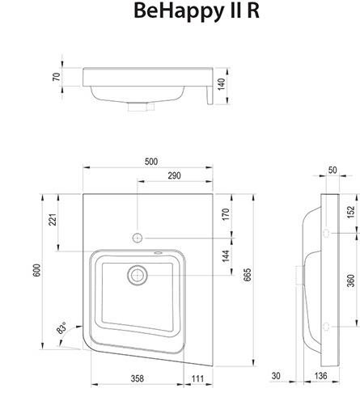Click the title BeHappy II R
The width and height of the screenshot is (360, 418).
coord(197,11)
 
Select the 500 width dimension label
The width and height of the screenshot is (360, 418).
coord(151,162)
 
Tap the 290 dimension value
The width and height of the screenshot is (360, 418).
coord(174,175)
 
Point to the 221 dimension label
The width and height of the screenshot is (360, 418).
coord(53,219)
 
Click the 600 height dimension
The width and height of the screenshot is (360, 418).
coord(36,270)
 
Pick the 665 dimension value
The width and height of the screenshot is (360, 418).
coord(247,275)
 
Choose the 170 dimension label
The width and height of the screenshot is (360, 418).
coord(226,214)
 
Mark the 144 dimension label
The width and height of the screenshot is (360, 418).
coord(226,255)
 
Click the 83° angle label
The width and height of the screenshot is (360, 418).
coord(61,328)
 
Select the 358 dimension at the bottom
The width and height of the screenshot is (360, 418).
coord(138,378)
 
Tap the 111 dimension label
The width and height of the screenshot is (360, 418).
coord(197,378)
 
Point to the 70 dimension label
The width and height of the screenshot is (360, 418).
coord(57,77)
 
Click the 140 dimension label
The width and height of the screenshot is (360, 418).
coord(221,84)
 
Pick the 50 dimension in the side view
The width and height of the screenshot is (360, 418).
coord(332,170)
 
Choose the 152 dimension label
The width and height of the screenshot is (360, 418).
coord(351,212)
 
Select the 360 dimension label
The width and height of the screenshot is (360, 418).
coord(351,281)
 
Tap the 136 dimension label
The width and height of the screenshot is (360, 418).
coord(320,376)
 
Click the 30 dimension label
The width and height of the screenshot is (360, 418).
coord(276,376)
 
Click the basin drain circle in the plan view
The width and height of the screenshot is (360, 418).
coord(138,276)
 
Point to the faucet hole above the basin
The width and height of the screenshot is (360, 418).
coord(138,238)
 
